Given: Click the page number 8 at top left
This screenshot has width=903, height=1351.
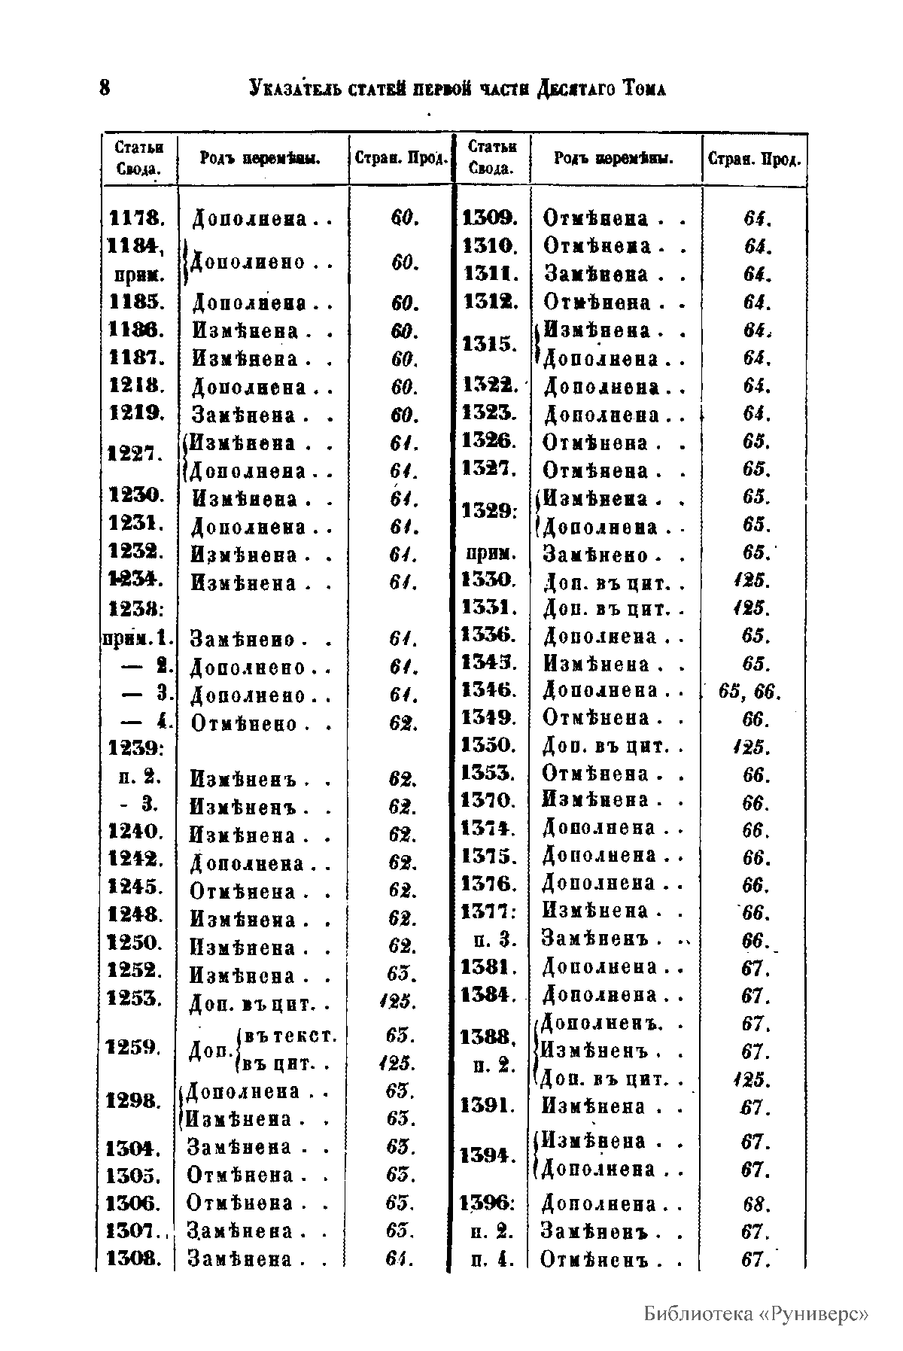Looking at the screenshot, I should (x=105, y=88).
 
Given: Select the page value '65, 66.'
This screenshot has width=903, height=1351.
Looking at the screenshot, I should (x=749, y=692).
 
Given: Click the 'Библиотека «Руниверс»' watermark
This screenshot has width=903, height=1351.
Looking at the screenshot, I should (x=756, y=1314).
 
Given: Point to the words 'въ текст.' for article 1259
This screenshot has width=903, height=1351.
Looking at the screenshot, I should (x=290, y=1036).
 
